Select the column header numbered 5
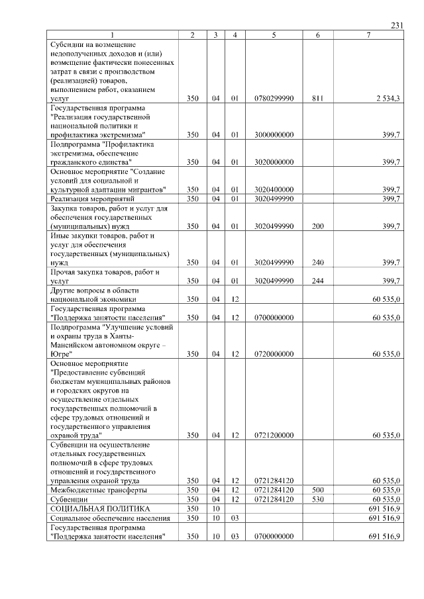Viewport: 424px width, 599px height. point(274,34)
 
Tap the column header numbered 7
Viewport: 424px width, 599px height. point(368,34)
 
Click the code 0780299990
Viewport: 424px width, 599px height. point(274,98)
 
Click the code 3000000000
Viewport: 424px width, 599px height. point(274,134)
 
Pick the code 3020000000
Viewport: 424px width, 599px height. point(274,161)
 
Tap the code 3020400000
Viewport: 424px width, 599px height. point(274,189)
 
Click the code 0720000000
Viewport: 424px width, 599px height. point(274,354)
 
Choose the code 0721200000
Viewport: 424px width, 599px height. point(274,436)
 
